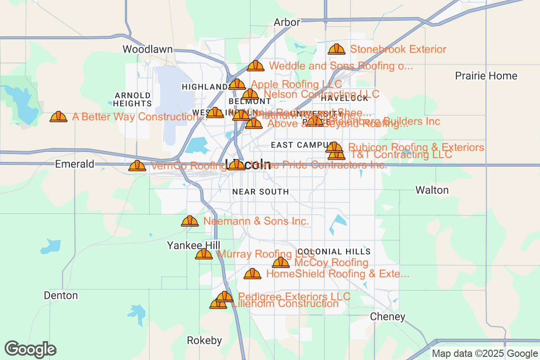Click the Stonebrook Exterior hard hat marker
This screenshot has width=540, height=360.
coord(337,49)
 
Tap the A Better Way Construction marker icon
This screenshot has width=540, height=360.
coord(58,117)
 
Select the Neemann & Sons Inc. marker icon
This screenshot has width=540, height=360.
coord(190,221)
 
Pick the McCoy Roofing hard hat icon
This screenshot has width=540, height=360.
coord(281,262)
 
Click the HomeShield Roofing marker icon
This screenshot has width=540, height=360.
coord(252,274)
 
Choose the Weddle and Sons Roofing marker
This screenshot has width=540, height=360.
coord(256,66)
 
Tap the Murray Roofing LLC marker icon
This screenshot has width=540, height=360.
coord(204,254)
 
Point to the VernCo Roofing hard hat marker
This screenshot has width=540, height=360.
coord(137,166)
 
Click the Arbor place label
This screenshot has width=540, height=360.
coord(287,22)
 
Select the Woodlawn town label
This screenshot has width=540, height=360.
coord(148,49)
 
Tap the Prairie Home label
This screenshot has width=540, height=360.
coord(486,76)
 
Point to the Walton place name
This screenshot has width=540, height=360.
coord(432,190)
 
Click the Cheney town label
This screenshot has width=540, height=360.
coord(387,317)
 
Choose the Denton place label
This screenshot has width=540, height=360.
coord(61,296)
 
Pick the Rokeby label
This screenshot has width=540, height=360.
coord(204,341)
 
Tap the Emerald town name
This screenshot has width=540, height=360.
coord(75,164)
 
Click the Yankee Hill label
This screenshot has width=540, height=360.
coord(193,245)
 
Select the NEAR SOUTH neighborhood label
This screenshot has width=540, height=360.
coord(261,192)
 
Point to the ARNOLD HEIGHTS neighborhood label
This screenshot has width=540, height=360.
coord(133,99)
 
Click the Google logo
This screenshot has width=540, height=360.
coord(31,349)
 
